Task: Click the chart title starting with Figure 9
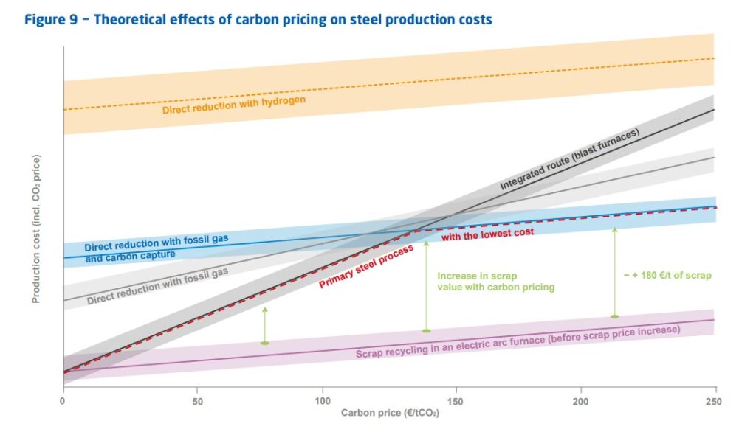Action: pyautogui.click(x=258, y=20)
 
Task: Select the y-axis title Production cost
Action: pyautogui.click(x=35, y=229)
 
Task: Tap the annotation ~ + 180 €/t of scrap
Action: pyautogui.click(x=667, y=275)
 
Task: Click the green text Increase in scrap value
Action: pyautogui.click(x=495, y=281)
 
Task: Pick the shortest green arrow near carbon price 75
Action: pyautogui.click(x=265, y=325)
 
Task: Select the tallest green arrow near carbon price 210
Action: pyautogui.click(x=614, y=273)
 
